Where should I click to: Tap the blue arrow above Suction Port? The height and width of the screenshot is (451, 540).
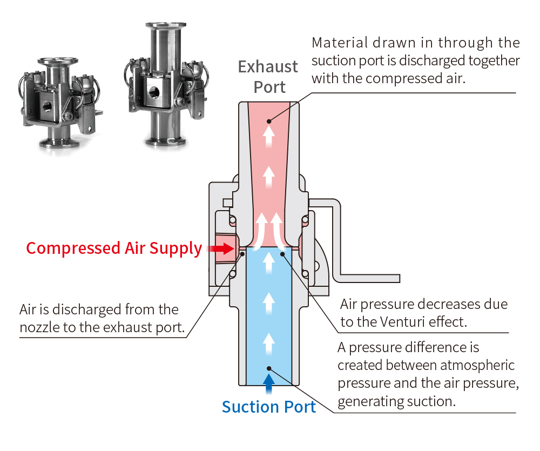pyautogui.click(x=269, y=383)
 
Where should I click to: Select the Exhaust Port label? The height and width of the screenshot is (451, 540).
pyautogui.click(x=268, y=77)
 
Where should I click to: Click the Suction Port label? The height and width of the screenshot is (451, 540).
pyautogui.click(x=268, y=407)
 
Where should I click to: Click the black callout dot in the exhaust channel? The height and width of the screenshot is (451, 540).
pyautogui.click(x=269, y=122)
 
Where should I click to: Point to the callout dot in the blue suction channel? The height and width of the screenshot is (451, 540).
pyautogui.click(x=269, y=368)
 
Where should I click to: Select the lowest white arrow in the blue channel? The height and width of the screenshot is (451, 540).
pyautogui.click(x=269, y=344)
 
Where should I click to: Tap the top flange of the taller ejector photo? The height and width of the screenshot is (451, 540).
pyautogui.click(x=166, y=25)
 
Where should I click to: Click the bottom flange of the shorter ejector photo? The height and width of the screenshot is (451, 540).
pyautogui.click(x=59, y=143)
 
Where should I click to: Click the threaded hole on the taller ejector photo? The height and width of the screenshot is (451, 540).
pyautogui.click(x=154, y=92)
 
